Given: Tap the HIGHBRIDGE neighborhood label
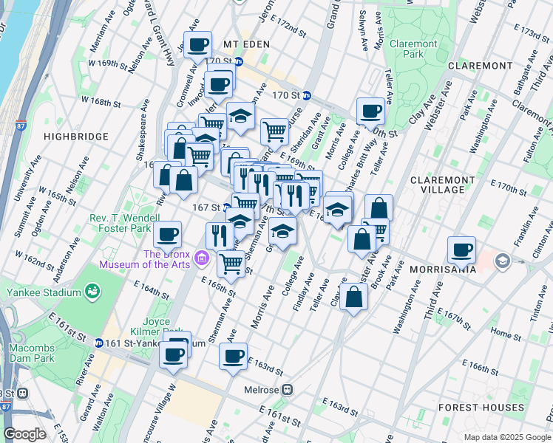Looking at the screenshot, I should click(75, 137).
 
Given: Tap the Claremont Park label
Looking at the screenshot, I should click(413, 49).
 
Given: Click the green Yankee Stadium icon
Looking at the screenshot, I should click(93, 292).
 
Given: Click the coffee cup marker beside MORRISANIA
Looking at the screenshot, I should click(461, 250).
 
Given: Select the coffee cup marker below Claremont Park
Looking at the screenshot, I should click(370, 111).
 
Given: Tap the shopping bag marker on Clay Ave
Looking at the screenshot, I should click(354, 297).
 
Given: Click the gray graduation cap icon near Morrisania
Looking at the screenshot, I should click(503, 261).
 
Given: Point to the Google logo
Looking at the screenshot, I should click(24, 434).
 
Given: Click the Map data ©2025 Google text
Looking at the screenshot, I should click(507, 437).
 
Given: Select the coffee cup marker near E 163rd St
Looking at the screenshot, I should click(233, 357).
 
